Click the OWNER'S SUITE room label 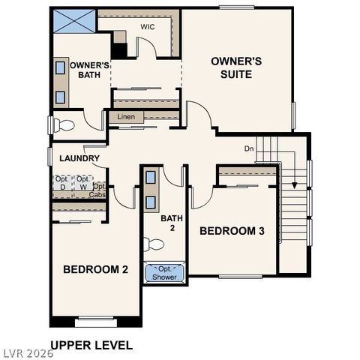235,67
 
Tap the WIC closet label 147,27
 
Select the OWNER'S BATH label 91,70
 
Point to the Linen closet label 126,117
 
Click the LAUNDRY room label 79,158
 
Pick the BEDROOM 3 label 232,231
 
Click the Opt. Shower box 165,273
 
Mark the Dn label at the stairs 249,148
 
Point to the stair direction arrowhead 295,184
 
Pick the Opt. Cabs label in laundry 98,190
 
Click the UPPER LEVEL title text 91,346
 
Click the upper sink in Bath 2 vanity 151,178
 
